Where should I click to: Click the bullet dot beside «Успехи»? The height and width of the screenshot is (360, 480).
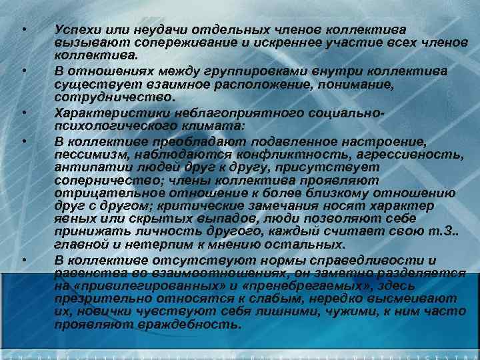tap(23, 31)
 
